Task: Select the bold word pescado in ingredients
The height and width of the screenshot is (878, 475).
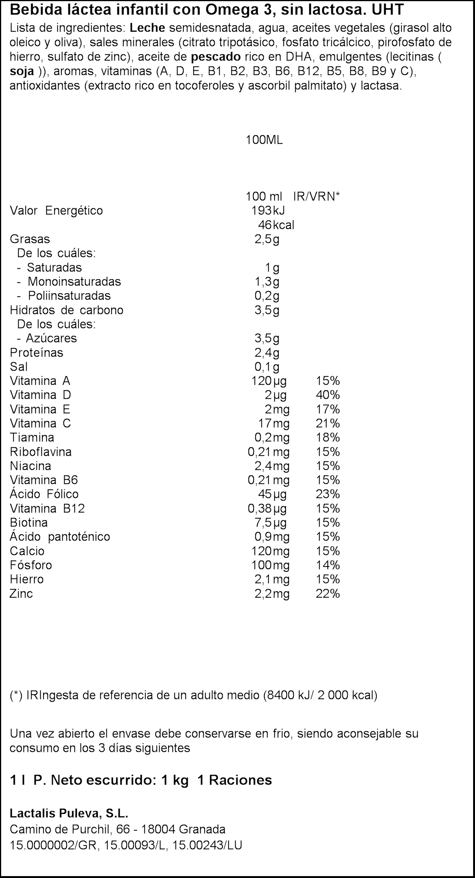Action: (216, 57)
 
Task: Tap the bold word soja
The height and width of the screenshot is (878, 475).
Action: (22, 71)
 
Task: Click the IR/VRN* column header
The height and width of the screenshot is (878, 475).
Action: (316, 196)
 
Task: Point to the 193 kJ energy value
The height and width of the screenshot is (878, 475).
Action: (268, 210)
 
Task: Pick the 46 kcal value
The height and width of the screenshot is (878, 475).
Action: (276, 225)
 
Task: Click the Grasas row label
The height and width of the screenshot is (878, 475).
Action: (30, 239)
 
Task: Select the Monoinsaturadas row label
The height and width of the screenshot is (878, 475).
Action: (74, 281)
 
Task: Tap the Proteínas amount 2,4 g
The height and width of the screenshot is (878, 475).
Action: (267, 352)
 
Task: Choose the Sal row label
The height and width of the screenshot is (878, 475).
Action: (19, 366)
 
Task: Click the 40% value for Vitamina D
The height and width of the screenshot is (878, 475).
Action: (328, 395)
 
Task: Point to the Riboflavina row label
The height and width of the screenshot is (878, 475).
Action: (41, 452)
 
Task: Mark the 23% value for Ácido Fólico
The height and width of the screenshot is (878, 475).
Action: (328, 494)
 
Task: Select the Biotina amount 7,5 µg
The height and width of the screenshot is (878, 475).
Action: (270, 523)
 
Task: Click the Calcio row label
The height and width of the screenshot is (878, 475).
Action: (27, 551)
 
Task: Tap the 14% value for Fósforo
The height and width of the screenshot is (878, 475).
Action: (328, 565)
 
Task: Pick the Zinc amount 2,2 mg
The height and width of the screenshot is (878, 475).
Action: (272, 593)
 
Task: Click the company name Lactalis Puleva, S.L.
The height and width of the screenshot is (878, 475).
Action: (69, 813)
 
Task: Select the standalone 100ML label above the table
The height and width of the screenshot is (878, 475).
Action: (264, 140)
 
